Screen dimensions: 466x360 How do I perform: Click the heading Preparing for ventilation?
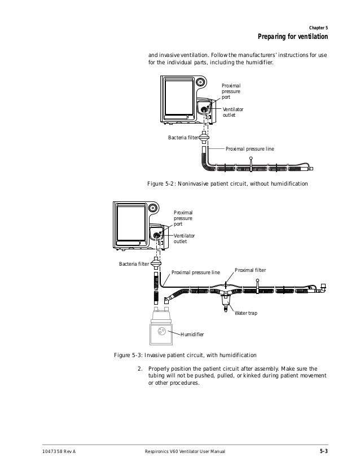292,38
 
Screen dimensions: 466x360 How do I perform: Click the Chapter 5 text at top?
319,28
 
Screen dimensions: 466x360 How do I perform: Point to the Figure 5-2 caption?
227,184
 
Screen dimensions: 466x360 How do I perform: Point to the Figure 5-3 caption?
185,355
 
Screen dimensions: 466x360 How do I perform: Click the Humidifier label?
192,335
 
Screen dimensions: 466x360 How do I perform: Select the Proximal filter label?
250,270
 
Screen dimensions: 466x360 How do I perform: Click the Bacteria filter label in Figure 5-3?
133,263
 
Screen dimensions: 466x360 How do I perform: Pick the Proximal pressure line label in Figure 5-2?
250,149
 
